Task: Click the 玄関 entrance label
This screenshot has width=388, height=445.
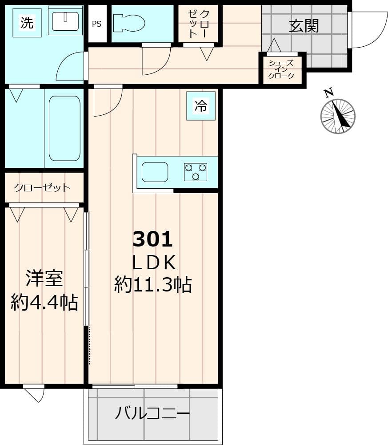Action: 304,26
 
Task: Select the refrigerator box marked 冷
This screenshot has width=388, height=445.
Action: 201,106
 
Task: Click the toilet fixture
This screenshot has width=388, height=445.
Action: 129,23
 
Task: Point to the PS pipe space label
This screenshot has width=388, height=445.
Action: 96,24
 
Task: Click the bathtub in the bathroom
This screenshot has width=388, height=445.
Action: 64,128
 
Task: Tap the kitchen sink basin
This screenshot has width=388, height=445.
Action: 155,172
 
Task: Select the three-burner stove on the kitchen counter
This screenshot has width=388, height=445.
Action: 196,172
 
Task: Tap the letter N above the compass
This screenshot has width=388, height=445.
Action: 328,93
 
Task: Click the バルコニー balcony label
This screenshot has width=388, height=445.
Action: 152,414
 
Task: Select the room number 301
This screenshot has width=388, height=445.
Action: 152,240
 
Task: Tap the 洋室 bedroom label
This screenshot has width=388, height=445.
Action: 44,279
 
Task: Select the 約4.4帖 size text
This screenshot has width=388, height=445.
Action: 44,303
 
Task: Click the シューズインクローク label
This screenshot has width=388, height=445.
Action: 281,69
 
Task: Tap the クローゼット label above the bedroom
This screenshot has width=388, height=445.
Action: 42,187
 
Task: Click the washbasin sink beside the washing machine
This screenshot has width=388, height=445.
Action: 65,20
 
